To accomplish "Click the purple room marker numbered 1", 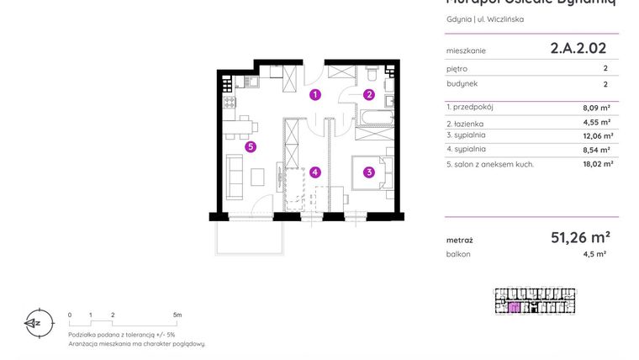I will point(314,94).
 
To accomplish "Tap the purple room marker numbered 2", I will point(368,94).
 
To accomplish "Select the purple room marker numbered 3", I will point(368,173).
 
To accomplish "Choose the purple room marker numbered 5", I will point(251,147).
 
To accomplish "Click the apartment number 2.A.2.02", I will point(578,49).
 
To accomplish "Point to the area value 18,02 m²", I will point(596,164).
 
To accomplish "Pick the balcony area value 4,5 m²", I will point(594,253).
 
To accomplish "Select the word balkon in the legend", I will point(458,253).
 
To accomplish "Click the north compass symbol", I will point(34,321).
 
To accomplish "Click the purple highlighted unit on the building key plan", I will point(514,307).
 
